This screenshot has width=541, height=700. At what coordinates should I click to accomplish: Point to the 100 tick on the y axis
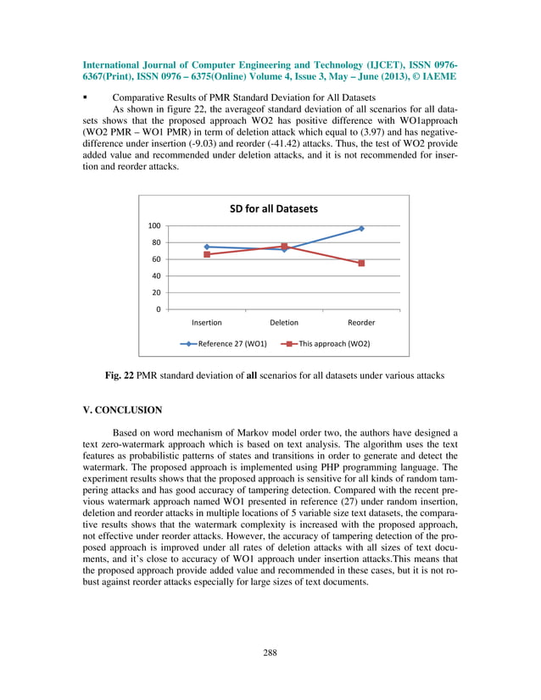[155, 226]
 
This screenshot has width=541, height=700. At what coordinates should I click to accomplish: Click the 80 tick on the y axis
[157, 242]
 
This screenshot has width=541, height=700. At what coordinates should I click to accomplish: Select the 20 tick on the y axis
[157, 292]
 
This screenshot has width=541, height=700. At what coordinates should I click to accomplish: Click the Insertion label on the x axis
[207, 323]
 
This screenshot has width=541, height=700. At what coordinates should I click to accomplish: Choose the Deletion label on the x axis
[284, 323]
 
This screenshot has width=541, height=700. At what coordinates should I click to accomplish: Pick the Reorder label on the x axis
[361, 323]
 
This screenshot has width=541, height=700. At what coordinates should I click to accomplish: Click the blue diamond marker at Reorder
[361, 229]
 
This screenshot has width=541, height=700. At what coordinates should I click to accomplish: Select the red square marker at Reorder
[361, 264]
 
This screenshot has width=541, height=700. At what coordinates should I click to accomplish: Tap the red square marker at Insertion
[207, 254]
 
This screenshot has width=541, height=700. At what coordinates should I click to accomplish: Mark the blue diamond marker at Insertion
[207, 247]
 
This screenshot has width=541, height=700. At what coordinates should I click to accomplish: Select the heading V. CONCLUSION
[121, 410]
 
